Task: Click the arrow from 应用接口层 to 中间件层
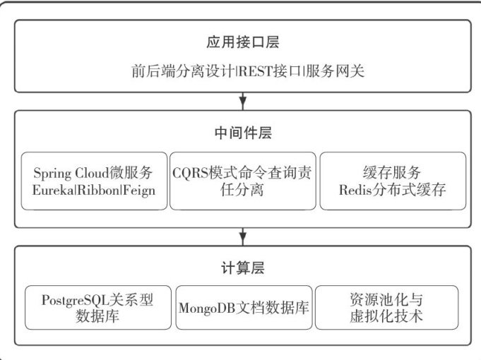[243, 100]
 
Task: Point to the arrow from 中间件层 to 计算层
[243, 236]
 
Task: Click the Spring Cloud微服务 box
[94, 181]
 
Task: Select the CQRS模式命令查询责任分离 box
[243, 181]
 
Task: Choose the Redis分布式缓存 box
[393, 181]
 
